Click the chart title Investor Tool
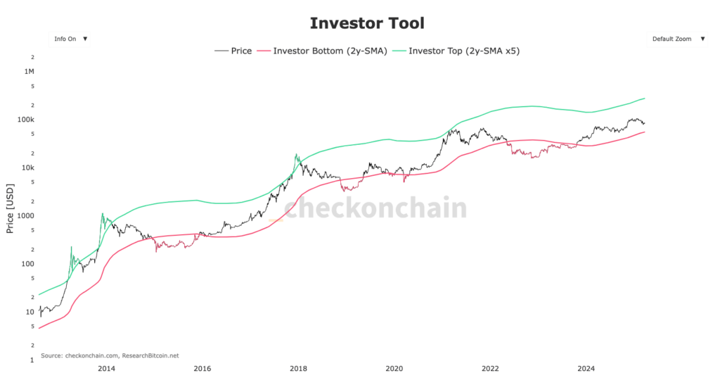pos(367,23)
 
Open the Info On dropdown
pos(70,39)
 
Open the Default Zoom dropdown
pos(678,39)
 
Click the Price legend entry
pos(233,51)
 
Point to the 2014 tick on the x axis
pos(106,368)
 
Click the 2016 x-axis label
pos(202,368)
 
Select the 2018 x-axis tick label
pos(298,368)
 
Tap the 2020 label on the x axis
pos(394,368)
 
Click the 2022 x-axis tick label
pos(490,368)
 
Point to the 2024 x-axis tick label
pos(586,368)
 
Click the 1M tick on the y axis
pos(29,72)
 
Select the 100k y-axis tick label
pos(26,120)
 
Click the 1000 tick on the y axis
pos(26,216)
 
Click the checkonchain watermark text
pos(375,208)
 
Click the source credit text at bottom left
pos(110,355)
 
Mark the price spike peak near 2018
pos(297,154)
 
